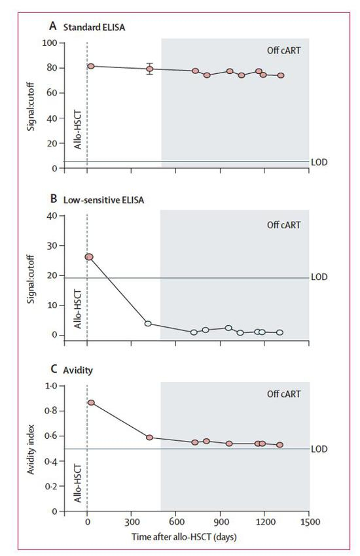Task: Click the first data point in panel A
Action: click(91, 66)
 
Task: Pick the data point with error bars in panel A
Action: click(150, 69)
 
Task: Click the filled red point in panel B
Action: click(90, 257)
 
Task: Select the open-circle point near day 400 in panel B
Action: click(148, 324)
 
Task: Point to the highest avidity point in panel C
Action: click(91, 402)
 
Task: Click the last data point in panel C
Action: click(279, 445)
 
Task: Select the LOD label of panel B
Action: click(319, 277)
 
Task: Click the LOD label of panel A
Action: click(320, 162)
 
